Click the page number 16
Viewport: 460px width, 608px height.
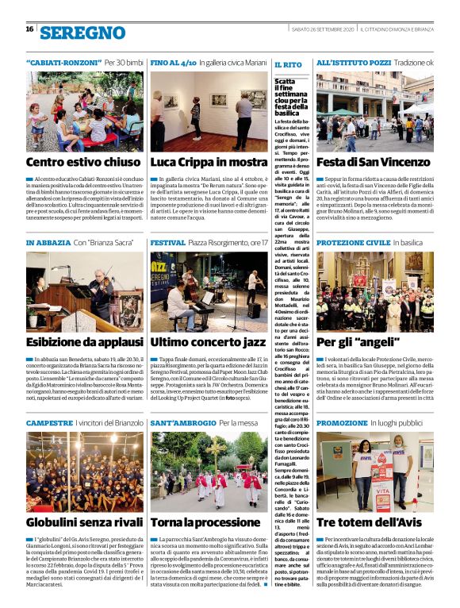point(29,29)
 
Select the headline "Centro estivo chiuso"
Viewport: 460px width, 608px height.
point(83,162)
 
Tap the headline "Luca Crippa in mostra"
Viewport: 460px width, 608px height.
point(209,162)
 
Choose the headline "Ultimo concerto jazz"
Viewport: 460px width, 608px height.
point(208,342)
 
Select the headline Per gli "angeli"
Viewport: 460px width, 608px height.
point(347,342)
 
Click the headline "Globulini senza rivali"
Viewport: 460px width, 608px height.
point(84,522)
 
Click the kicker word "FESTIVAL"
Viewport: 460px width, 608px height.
point(167,242)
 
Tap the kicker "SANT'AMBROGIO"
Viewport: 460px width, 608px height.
point(182,422)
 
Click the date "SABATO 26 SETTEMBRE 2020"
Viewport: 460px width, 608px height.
point(321,29)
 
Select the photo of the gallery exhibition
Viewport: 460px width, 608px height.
point(209,110)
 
